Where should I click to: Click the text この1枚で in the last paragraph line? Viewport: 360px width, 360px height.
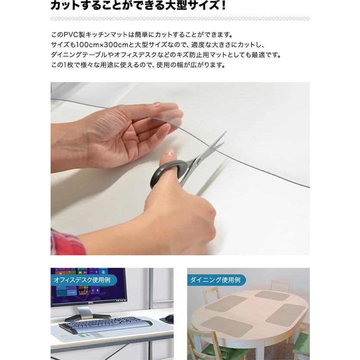click(65, 65)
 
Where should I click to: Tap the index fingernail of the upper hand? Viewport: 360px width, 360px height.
click(156, 105)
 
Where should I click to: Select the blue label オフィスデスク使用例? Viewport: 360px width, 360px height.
click(82, 280)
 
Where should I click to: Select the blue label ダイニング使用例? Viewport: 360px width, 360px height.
click(215, 280)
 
